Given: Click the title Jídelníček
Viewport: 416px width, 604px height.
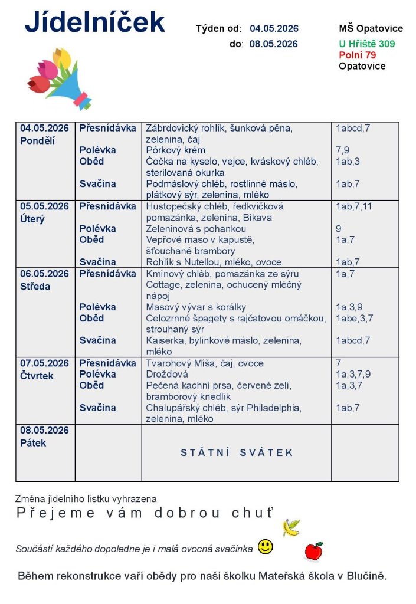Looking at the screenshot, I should click(95, 22).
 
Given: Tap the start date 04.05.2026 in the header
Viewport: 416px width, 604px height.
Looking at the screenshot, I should click(274, 28).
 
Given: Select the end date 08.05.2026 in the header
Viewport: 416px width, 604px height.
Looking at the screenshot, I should click(274, 44).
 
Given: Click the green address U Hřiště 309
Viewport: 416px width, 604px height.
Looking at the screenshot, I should click(366, 44).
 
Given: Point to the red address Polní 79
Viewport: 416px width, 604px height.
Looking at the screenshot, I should click(358, 55).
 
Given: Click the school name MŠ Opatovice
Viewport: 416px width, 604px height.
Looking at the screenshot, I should click(371, 28).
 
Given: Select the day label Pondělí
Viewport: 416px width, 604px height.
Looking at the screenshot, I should click(37, 140).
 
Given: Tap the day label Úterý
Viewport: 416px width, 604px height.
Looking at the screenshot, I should click(33, 219).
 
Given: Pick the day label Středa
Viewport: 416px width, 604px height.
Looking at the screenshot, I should click(35, 286).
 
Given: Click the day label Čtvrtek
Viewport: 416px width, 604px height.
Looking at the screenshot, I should click(37, 375).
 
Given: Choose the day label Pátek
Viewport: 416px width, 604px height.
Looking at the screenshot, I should click(33, 442).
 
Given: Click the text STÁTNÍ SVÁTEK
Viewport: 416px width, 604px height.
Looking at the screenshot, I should click(237, 452).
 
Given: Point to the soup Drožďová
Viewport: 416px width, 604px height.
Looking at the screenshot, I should click(167, 375).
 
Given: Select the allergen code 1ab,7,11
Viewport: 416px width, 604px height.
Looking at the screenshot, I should click(354, 206).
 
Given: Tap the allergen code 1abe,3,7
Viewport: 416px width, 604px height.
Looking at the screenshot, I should click(354, 319).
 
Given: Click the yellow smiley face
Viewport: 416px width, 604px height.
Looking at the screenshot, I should click(266, 547).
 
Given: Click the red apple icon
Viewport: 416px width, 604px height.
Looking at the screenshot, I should click(313, 552).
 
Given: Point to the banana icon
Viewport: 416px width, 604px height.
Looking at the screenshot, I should click(291, 527).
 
